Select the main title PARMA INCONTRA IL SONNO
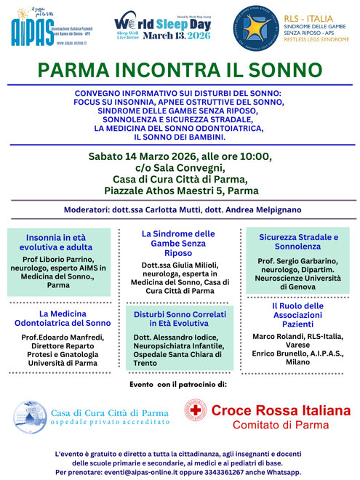(x=180, y=71)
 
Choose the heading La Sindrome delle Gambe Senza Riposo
(x=178, y=244)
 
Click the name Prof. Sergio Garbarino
(x=297, y=260)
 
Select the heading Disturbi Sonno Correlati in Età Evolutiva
(x=178, y=318)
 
